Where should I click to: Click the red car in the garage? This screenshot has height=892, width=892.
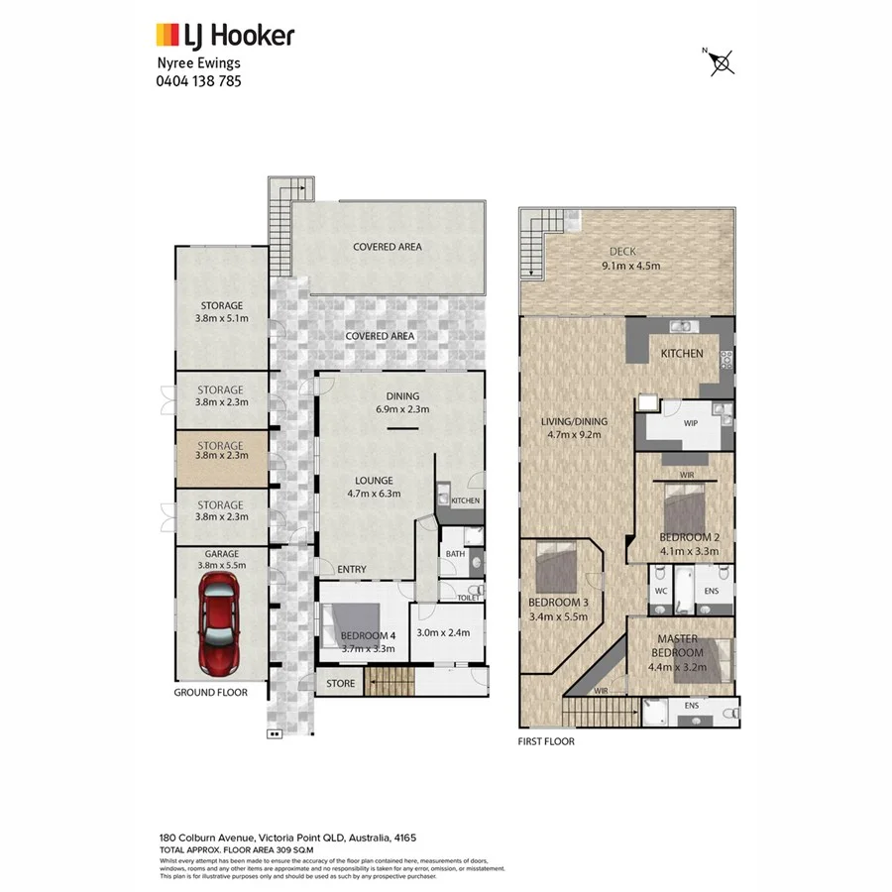(220, 623)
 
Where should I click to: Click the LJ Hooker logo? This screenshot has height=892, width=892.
(225, 37)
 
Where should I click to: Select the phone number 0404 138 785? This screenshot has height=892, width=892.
(198, 81)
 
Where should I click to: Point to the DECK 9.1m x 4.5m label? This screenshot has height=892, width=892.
(630, 259)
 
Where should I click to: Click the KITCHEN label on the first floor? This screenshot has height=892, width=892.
(682, 354)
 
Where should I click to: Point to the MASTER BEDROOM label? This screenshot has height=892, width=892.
(678, 646)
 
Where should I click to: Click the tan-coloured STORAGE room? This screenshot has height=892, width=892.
(220, 452)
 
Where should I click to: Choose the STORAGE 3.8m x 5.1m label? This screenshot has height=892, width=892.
(220, 311)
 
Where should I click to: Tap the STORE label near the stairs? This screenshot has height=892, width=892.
(340, 683)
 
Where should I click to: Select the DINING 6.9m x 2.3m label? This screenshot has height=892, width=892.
(402, 400)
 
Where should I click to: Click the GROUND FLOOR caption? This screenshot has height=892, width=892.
(210, 692)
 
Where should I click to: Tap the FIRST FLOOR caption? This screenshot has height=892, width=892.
(546, 740)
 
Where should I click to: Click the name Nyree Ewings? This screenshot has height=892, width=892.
(198, 63)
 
